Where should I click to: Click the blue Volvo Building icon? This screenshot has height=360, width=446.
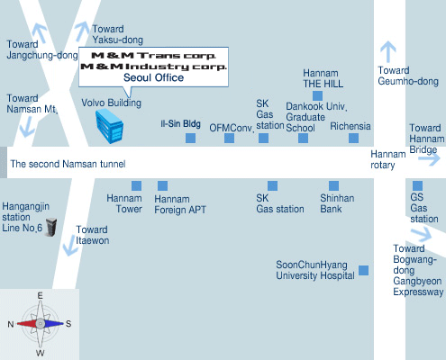(x=109, y=126)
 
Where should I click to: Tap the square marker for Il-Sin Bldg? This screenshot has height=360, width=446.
(x=190, y=138)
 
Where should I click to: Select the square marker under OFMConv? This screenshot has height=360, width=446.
(x=229, y=138)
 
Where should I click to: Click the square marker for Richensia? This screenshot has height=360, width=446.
(x=353, y=138)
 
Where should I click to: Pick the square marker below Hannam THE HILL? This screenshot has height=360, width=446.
(x=317, y=95)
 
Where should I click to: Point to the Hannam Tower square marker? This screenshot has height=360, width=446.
(x=136, y=185)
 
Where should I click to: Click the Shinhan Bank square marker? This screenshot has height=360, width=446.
(x=333, y=185)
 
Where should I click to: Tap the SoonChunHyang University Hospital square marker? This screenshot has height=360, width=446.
(x=363, y=270)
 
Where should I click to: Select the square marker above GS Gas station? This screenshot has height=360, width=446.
(x=417, y=185)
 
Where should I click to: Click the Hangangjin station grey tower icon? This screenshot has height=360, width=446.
(x=50, y=227)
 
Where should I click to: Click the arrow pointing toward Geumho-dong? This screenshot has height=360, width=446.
(x=388, y=51)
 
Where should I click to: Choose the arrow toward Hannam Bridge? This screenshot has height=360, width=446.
(x=430, y=159)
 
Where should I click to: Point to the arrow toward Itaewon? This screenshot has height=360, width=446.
(x=70, y=245)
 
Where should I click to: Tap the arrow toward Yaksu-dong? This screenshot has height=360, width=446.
(x=81, y=31)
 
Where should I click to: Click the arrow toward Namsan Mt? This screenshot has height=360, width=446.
(x=27, y=127)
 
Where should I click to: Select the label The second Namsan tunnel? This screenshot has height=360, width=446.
(x=68, y=164)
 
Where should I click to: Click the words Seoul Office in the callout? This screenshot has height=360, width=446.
(x=153, y=77)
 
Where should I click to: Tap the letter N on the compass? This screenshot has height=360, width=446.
(x=11, y=324)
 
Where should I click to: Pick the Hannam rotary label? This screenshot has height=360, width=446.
(x=388, y=159)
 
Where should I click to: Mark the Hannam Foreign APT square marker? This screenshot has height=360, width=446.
(x=162, y=185)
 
